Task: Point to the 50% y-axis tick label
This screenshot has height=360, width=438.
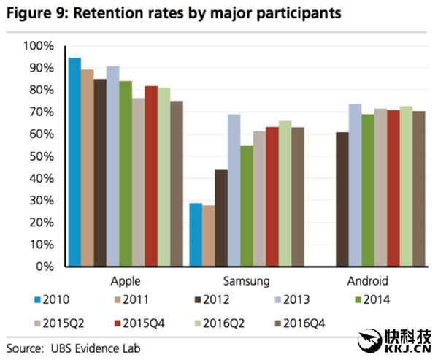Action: [x=41, y=156]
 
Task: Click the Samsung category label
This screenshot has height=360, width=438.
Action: [x=245, y=281]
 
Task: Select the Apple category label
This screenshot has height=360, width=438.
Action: [x=125, y=281]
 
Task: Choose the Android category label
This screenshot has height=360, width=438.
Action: [x=367, y=281]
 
